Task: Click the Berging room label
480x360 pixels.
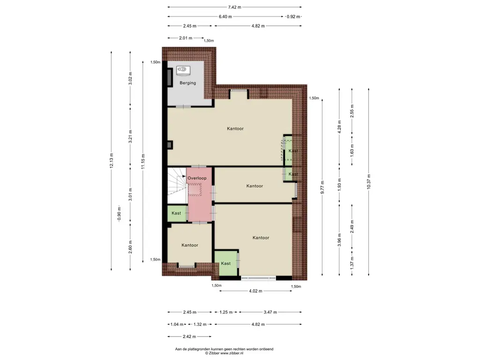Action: [x=187, y=82]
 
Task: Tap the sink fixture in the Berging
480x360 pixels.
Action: [x=183, y=70]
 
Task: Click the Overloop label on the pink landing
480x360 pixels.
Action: [x=197, y=178]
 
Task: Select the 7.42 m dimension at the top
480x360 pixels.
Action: [x=235, y=7]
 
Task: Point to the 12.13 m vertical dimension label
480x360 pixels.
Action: [x=112, y=160]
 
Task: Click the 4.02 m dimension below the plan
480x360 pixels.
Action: [x=255, y=291]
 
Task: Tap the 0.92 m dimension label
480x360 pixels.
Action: [x=293, y=16]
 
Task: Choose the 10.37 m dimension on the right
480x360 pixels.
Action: [x=368, y=181]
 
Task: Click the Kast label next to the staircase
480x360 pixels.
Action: [x=176, y=213]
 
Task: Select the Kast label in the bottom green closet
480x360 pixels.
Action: [x=225, y=263]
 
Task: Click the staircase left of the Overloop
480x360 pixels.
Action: [x=177, y=185]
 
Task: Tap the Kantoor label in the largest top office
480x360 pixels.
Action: [x=235, y=128]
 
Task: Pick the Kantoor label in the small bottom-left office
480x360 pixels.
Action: [x=190, y=245]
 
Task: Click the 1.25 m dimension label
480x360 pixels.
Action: [x=226, y=312]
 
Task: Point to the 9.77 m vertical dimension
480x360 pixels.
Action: [x=322, y=187]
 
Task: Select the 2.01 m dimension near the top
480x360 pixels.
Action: [x=186, y=38]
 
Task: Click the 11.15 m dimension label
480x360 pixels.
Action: [x=143, y=162]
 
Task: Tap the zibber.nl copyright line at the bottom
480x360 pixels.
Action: [x=224, y=353]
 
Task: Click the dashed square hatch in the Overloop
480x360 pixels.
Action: [x=195, y=189]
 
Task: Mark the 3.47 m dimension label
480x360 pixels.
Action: [x=270, y=312]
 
